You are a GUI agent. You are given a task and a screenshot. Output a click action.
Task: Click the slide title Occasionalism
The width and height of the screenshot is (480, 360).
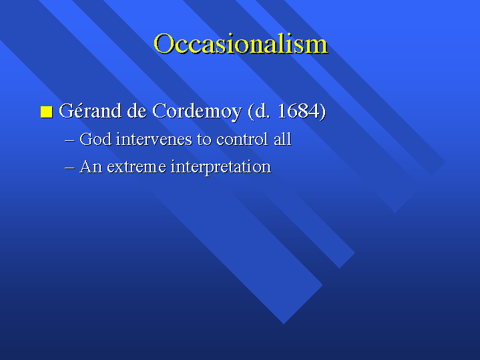(x=240, y=44)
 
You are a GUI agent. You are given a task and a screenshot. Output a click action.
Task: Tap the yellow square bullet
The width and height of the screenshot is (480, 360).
(x=47, y=112)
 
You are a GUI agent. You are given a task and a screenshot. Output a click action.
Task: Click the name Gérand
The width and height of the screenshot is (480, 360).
(x=90, y=111)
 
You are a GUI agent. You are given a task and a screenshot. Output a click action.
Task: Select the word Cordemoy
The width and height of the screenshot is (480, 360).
(x=197, y=112)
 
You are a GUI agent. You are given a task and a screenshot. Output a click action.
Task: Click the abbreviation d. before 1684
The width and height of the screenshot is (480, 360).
(x=262, y=111)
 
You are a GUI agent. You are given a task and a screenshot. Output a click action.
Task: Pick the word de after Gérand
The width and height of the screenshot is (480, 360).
(x=137, y=111)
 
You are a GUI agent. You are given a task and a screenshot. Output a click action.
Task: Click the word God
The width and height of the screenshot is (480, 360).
(x=95, y=139)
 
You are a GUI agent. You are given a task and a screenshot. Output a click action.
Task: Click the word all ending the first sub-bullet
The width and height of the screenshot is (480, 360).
(x=282, y=139)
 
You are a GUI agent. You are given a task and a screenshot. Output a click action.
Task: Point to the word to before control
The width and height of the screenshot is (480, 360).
(x=204, y=140)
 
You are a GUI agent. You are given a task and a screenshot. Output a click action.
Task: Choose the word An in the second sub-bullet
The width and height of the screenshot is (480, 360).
(x=91, y=167)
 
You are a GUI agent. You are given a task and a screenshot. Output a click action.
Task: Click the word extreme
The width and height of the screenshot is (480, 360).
(x=137, y=168)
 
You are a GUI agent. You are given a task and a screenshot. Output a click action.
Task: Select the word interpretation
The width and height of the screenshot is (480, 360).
(x=221, y=168)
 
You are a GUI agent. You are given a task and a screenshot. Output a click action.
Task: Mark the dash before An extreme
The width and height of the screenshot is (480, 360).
(x=70, y=168)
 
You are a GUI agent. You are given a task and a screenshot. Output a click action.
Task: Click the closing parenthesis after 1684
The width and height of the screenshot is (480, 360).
(x=322, y=112)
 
